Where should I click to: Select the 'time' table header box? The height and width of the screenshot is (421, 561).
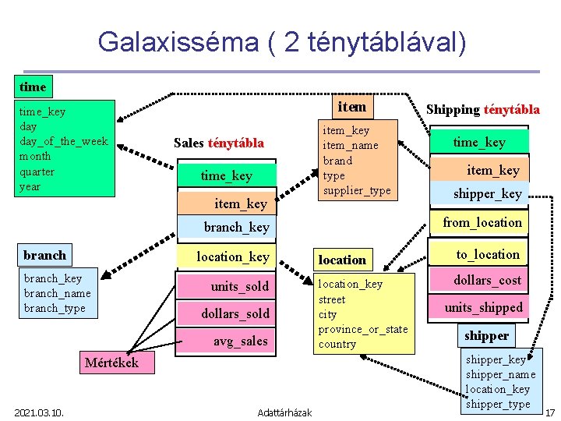coord(33,87)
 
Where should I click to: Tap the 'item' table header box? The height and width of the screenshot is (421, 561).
coord(351,106)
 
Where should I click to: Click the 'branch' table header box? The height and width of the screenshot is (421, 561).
coord(45,255)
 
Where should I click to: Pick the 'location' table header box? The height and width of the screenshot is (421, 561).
coord(342,260)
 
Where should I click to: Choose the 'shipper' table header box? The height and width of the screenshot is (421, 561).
coord(486,335)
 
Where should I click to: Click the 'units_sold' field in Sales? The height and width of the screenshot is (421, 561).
coord(239,286)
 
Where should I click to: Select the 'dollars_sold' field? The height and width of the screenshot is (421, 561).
coord(235,313)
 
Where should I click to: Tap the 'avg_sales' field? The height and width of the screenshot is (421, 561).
coord(240,341)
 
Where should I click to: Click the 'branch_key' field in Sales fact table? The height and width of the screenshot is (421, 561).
coord(236,227)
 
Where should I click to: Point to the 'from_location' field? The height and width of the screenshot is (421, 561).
coord(482,222)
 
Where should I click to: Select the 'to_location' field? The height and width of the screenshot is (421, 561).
coord(487,254)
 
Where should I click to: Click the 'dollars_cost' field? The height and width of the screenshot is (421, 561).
coord(488,280)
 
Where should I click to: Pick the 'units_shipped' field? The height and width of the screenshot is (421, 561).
coord(484,307)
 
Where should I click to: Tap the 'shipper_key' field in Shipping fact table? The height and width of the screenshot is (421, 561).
coord(487,193)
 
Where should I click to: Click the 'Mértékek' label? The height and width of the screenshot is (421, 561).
coord(111,363)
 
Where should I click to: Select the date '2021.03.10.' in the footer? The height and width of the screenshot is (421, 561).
coord(38,412)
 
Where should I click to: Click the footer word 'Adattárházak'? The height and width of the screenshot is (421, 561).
coord(284,412)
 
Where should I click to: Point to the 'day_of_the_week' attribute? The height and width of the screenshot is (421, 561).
coord(64,141)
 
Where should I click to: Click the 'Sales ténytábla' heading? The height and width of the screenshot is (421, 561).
coord(219,143)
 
